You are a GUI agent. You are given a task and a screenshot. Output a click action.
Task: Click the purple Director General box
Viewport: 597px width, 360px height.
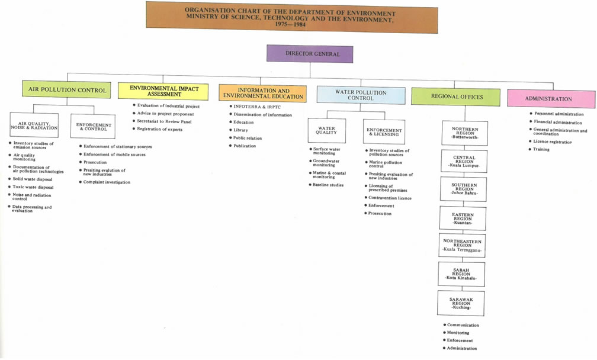(310, 54)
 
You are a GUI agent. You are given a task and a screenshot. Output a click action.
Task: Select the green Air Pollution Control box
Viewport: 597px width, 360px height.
(66, 89)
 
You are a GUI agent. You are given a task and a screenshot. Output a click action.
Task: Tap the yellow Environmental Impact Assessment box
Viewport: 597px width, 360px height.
(163, 91)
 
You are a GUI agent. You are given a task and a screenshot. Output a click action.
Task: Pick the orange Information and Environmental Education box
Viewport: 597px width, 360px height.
(262, 93)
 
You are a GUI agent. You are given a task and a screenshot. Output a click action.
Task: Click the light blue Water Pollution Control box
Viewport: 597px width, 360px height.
(361, 95)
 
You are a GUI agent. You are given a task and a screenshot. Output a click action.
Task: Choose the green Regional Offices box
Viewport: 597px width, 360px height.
(456, 97)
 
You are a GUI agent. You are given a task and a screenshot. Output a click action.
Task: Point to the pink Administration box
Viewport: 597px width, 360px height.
(551, 98)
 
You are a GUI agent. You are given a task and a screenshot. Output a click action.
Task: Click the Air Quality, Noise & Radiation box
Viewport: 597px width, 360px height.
(34, 125)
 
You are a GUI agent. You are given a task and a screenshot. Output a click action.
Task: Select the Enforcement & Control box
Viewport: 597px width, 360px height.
(93, 126)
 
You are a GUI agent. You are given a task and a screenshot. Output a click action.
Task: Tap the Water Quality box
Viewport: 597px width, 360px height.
(327, 130)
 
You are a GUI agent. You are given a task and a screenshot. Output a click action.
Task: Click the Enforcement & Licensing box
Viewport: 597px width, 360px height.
(384, 132)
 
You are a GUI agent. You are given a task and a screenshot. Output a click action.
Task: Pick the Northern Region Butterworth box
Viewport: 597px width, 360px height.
(464, 133)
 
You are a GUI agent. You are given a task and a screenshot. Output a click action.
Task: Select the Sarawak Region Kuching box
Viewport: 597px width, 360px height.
(461, 303)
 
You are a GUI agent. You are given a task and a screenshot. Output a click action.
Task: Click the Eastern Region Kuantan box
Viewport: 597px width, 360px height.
(463, 218)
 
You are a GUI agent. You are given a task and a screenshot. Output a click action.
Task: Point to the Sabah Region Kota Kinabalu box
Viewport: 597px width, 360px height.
(461, 274)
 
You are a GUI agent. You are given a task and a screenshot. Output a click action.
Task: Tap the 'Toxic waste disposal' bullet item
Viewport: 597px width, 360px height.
(31, 187)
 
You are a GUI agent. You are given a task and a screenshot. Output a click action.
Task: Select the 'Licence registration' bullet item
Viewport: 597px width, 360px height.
(550, 142)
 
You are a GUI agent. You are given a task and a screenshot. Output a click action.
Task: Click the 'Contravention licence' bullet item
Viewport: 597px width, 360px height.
(387, 198)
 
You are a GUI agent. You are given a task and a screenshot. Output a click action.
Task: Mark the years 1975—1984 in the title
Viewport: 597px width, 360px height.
(290, 24)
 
